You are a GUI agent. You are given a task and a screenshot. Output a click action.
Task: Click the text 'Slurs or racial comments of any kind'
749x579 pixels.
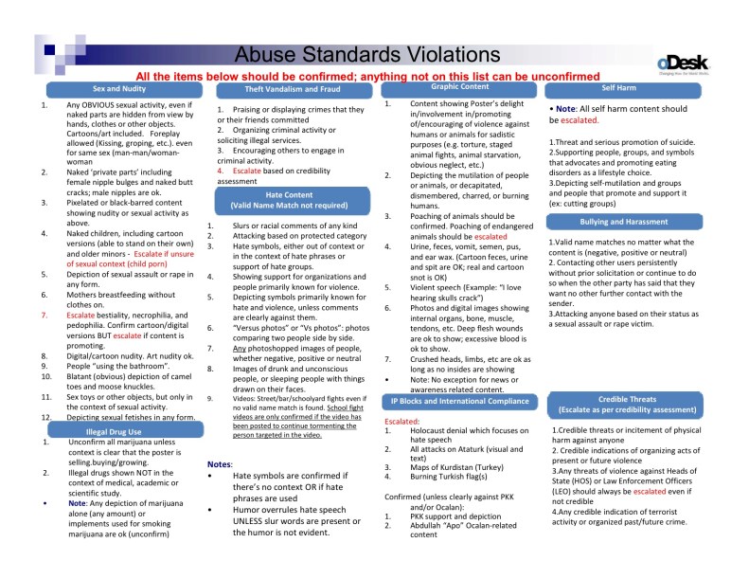[x=294, y=226]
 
